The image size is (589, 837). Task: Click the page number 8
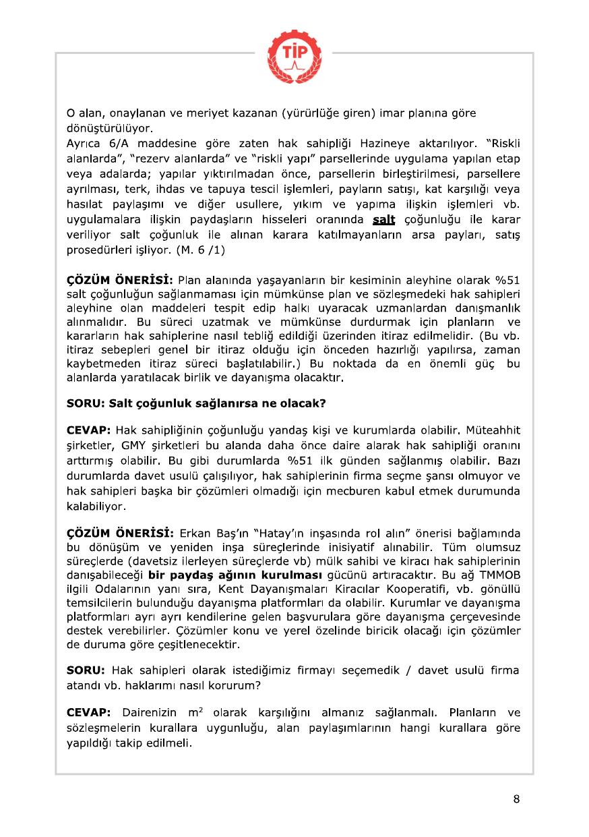click(516, 799)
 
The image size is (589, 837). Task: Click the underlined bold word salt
click(383, 221)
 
